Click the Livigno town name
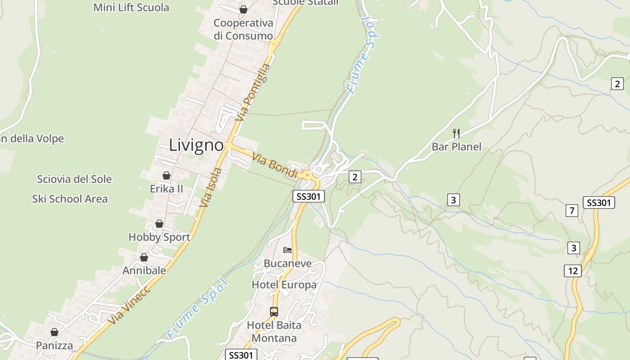click(196, 145)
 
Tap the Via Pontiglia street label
click(253, 92)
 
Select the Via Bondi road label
click(275, 165)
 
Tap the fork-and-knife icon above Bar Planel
click(456, 133)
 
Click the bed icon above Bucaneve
click(288, 250)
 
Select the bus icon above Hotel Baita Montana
click(274, 311)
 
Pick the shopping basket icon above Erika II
click(166, 175)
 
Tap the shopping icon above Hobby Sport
click(159, 224)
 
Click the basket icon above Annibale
click(144, 257)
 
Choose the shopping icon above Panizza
click(54, 332)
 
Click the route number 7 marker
click(571, 210)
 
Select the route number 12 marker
click(572, 271)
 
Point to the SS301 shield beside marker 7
click(598, 202)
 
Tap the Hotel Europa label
click(284, 285)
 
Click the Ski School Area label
click(70, 199)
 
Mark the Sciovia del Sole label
click(74, 179)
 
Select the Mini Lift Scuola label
click(131, 8)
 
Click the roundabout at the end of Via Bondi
click(307, 175)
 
